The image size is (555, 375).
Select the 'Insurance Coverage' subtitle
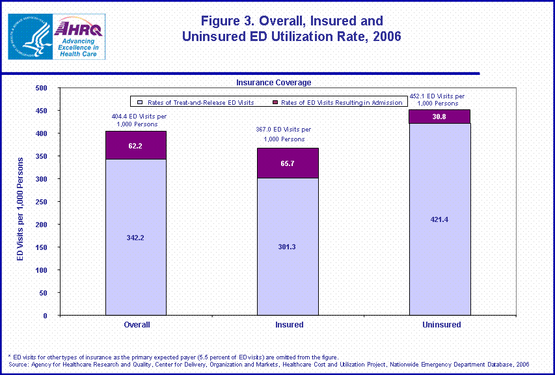click(x=273, y=83)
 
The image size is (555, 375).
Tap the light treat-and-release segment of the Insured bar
click(x=288, y=246)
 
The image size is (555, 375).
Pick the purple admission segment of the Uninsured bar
click(x=440, y=116)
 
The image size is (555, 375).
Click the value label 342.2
click(x=136, y=238)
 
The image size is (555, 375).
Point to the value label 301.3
click(x=288, y=247)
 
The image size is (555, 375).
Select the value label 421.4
click(x=440, y=219)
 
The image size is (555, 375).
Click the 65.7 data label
click(x=288, y=163)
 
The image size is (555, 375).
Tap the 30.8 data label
click(x=440, y=116)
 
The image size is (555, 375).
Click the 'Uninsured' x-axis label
click(x=440, y=324)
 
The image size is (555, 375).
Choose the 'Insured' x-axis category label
click(x=288, y=324)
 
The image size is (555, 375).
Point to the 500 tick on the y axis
click(x=40, y=88)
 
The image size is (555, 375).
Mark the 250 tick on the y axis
click(x=40, y=202)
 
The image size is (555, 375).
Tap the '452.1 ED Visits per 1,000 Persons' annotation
click(x=440, y=100)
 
